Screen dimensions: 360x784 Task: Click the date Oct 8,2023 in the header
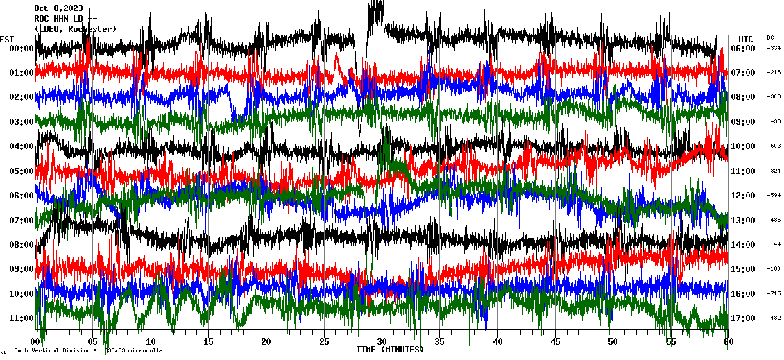click(x=53, y=8)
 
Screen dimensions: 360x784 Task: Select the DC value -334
click(x=774, y=48)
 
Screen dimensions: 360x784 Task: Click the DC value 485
click(x=775, y=220)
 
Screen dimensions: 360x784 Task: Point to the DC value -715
click(x=774, y=294)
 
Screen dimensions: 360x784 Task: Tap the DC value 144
click(x=775, y=245)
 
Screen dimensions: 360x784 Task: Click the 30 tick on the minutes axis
click(x=382, y=342)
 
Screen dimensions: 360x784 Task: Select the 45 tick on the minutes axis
click(x=554, y=342)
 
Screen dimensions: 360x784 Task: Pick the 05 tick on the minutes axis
click(x=94, y=342)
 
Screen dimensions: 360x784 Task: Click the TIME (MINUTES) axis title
click(x=390, y=350)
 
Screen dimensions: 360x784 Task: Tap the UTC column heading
click(x=745, y=39)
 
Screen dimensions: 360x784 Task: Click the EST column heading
click(x=7, y=39)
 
